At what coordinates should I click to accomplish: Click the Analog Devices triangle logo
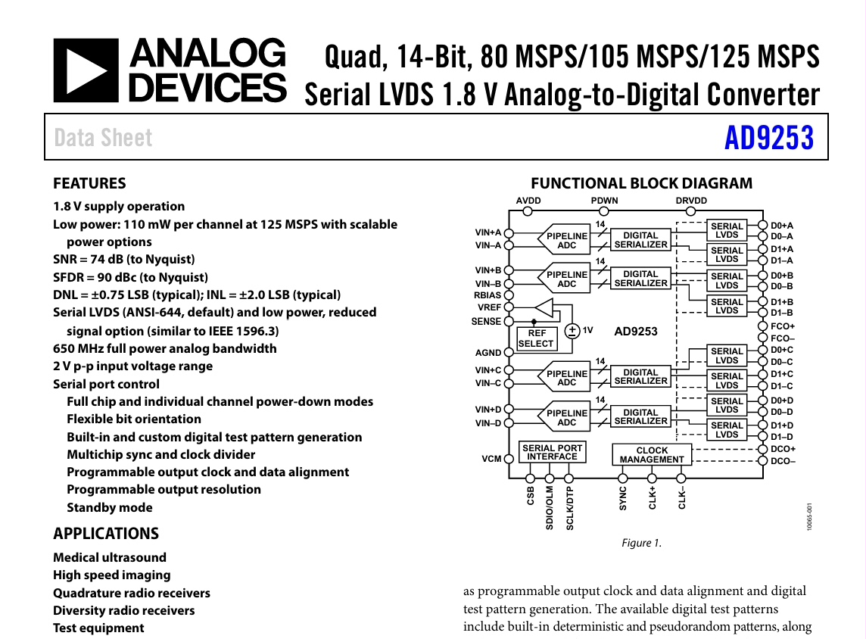(x=86, y=70)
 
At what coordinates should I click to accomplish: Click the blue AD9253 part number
(x=768, y=139)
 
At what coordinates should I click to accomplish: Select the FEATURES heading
(x=89, y=183)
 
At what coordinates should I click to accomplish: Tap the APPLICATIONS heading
(x=106, y=533)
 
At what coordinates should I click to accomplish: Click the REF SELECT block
(x=536, y=338)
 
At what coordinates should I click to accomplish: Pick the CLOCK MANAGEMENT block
(x=651, y=454)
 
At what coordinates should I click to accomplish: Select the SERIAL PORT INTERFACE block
(x=552, y=453)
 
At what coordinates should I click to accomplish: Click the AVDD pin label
(x=528, y=201)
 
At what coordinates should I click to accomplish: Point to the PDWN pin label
(x=605, y=201)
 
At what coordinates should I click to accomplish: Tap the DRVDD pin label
(x=690, y=201)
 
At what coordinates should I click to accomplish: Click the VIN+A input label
(x=488, y=232)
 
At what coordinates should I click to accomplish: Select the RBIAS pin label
(x=488, y=295)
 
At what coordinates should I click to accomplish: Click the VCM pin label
(x=491, y=459)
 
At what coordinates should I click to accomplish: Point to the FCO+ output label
(x=782, y=326)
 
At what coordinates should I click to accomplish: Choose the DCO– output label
(x=783, y=460)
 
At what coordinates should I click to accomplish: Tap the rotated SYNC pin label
(x=623, y=498)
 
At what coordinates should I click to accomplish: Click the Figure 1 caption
(x=641, y=543)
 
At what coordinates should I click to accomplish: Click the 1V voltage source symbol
(x=573, y=330)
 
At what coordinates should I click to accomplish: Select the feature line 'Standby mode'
(x=110, y=507)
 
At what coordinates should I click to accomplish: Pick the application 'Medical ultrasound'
(x=111, y=557)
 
